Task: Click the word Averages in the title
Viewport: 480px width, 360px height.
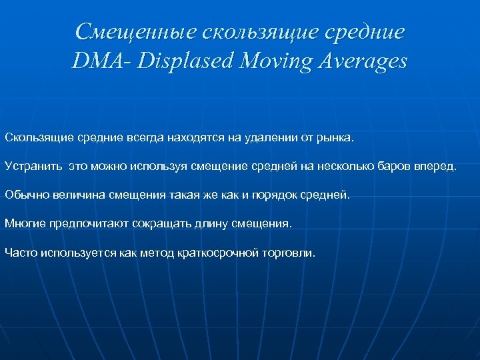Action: pyautogui.click(x=360, y=61)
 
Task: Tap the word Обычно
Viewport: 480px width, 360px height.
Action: pyautogui.click(x=24, y=195)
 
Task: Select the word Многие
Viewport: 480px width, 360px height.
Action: pyautogui.click(x=24, y=223)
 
